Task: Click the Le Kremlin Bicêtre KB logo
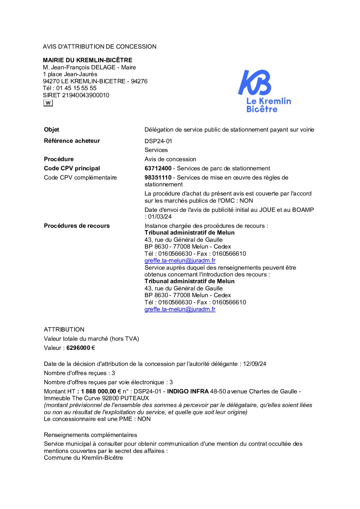pyautogui.click(x=264, y=91)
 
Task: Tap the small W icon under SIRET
pyautogui.click(x=48, y=103)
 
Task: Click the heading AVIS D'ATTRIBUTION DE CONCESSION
pyautogui.click(x=100, y=47)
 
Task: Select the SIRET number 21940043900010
pyautogui.click(x=86, y=95)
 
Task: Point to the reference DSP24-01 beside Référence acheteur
pyautogui.click(x=158, y=141)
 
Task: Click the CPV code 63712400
pyautogui.click(x=158, y=168)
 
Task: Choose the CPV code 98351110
pyautogui.click(x=158, y=177)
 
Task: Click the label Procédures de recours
pyautogui.click(x=77, y=226)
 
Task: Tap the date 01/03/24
pyautogui.click(x=160, y=217)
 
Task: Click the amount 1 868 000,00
pyautogui.click(x=98, y=391)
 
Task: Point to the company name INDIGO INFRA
pyautogui.click(x=188, y=391)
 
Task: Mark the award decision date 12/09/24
pyautogui.click(x=255, y=364)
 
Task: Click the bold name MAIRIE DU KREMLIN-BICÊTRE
pyautogui.click(x=87, y=60)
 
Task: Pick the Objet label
pyautogui.click(x=51, y=130)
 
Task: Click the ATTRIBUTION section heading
pyautogui.click(x=64, y=329)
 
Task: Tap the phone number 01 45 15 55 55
pyautogui.click(x=76, y=88)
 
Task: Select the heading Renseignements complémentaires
pyautogui.click(x=91, y=435)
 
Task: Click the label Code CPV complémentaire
pyautogui.click(x=80, y=177)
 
